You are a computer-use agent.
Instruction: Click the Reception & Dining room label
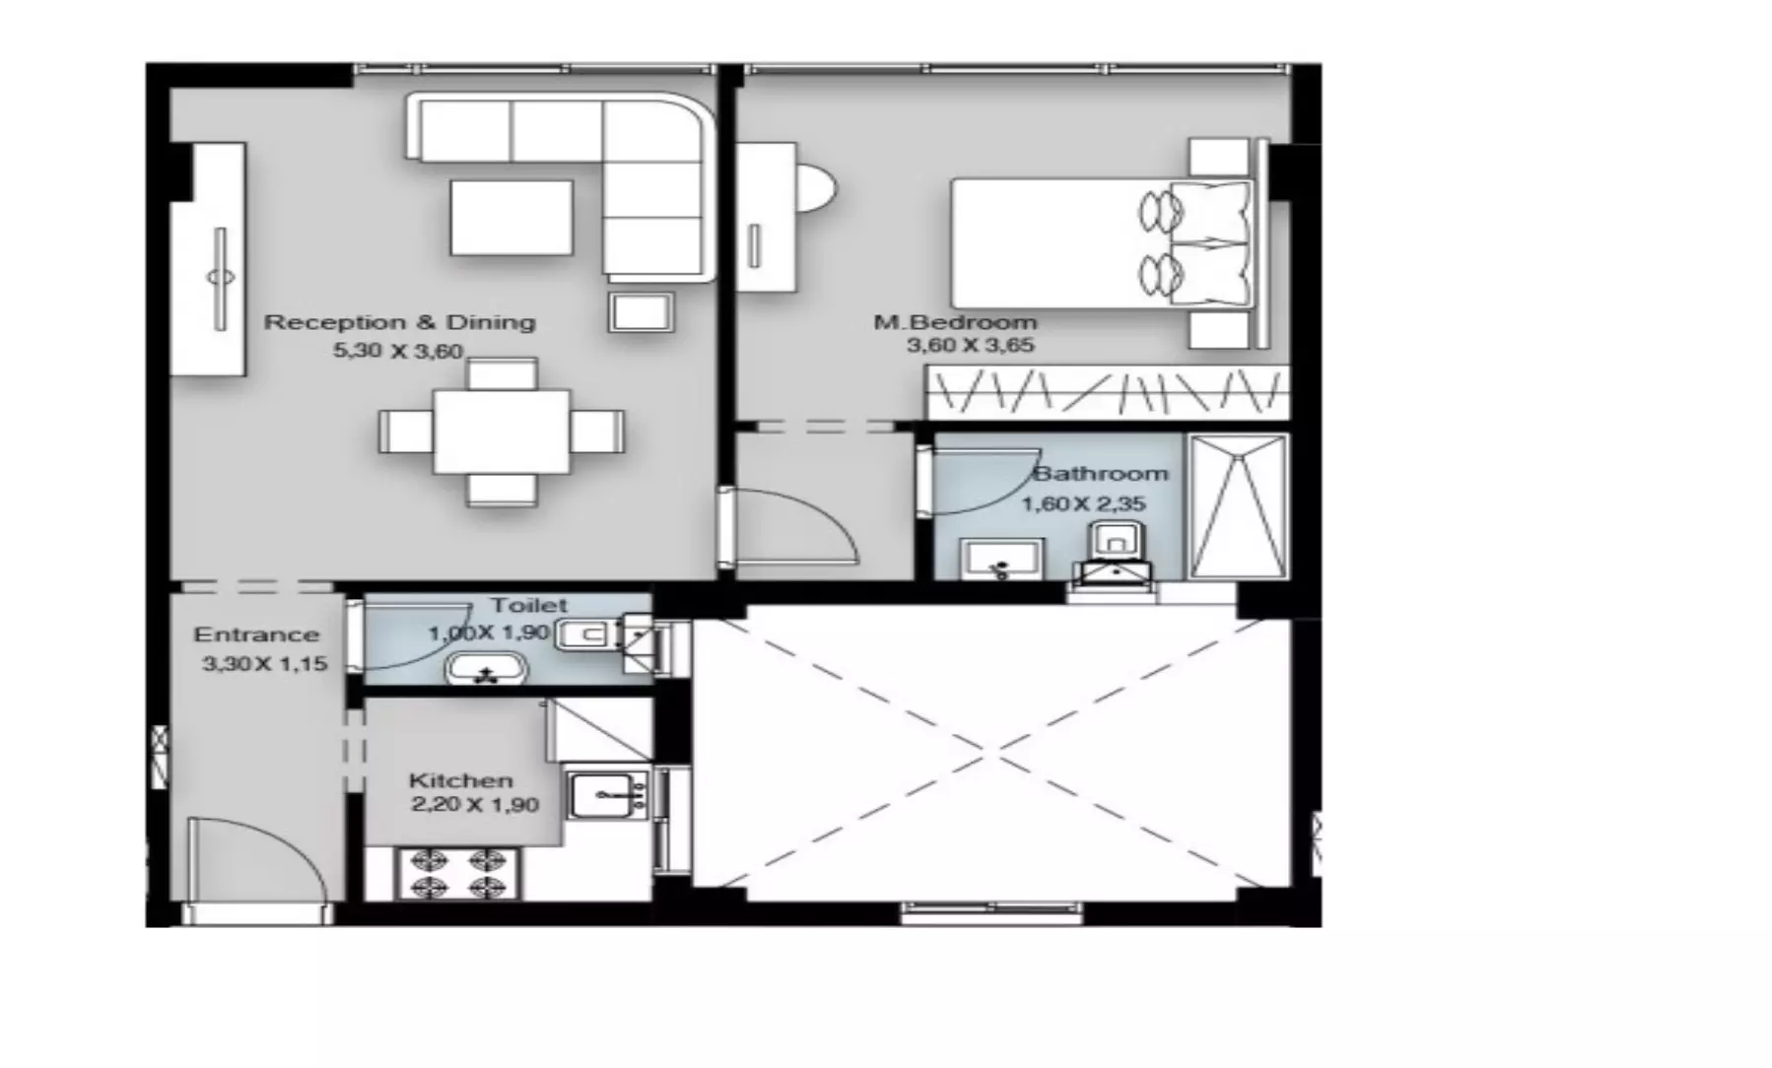tap(400, 322)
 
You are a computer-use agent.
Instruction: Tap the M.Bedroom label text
tap(955, 322)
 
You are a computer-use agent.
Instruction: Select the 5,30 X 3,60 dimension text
tap(398, 351)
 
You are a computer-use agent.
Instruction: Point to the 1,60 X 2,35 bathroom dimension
tap(1083, 504)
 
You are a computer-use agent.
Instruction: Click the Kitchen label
tap(461, 780)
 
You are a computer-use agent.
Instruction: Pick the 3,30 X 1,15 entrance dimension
tap(264, 664)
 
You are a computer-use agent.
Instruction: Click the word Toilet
tap(529, 605)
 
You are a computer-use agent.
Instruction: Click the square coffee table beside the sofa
tap(511, 218)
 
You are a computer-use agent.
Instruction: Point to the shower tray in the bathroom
tap(1238, 506)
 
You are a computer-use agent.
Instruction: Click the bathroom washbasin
tap(1001, 560)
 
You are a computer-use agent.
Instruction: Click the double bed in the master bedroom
tap(1104, 243)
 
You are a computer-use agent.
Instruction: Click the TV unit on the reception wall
tap(208, 259)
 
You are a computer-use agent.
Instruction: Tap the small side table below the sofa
tap(642, 311)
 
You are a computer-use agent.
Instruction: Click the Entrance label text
tap(256, 635)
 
